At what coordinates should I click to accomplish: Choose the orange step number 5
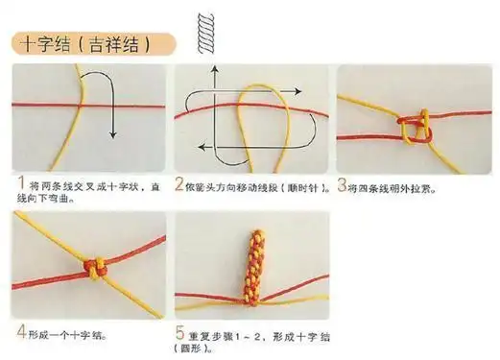(x=179, y=333)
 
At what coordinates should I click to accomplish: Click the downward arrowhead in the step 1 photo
(x=112, y=133)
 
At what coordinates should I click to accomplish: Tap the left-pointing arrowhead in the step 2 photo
(x=202, y=146)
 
